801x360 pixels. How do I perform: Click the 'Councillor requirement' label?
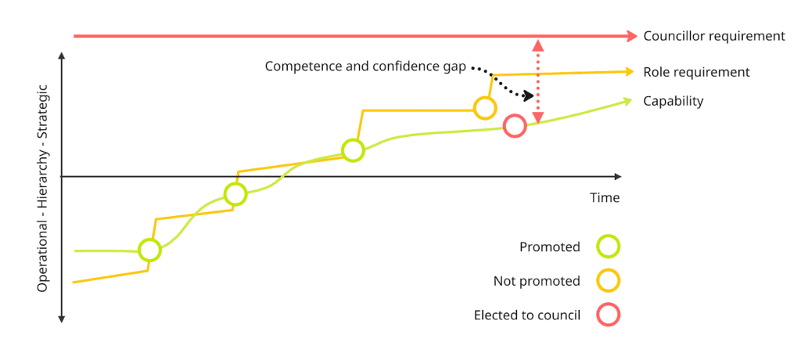point(713,36)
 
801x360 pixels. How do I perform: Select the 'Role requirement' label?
point(696,72)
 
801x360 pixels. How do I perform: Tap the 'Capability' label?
point(673,101)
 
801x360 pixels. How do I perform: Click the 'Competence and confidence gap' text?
point(365,67)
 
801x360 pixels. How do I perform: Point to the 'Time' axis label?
point(605,198)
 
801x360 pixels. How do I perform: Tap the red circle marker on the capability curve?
point(514,126)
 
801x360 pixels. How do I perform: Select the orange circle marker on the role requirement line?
point(485,109)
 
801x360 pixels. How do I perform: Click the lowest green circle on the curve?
point(149,250)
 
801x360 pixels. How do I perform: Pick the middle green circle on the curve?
point(235,194)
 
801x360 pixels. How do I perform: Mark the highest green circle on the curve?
point(353,150)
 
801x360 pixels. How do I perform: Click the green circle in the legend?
point(608,247)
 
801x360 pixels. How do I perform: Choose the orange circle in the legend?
point(608,281)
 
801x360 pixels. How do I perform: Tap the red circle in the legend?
point(608,315)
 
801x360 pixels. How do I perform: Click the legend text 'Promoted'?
point(550,247)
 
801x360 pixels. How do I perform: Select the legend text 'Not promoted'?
point(537,281)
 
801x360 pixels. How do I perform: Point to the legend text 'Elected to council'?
point(527,315)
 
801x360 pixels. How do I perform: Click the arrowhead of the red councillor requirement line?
point(633,36)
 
